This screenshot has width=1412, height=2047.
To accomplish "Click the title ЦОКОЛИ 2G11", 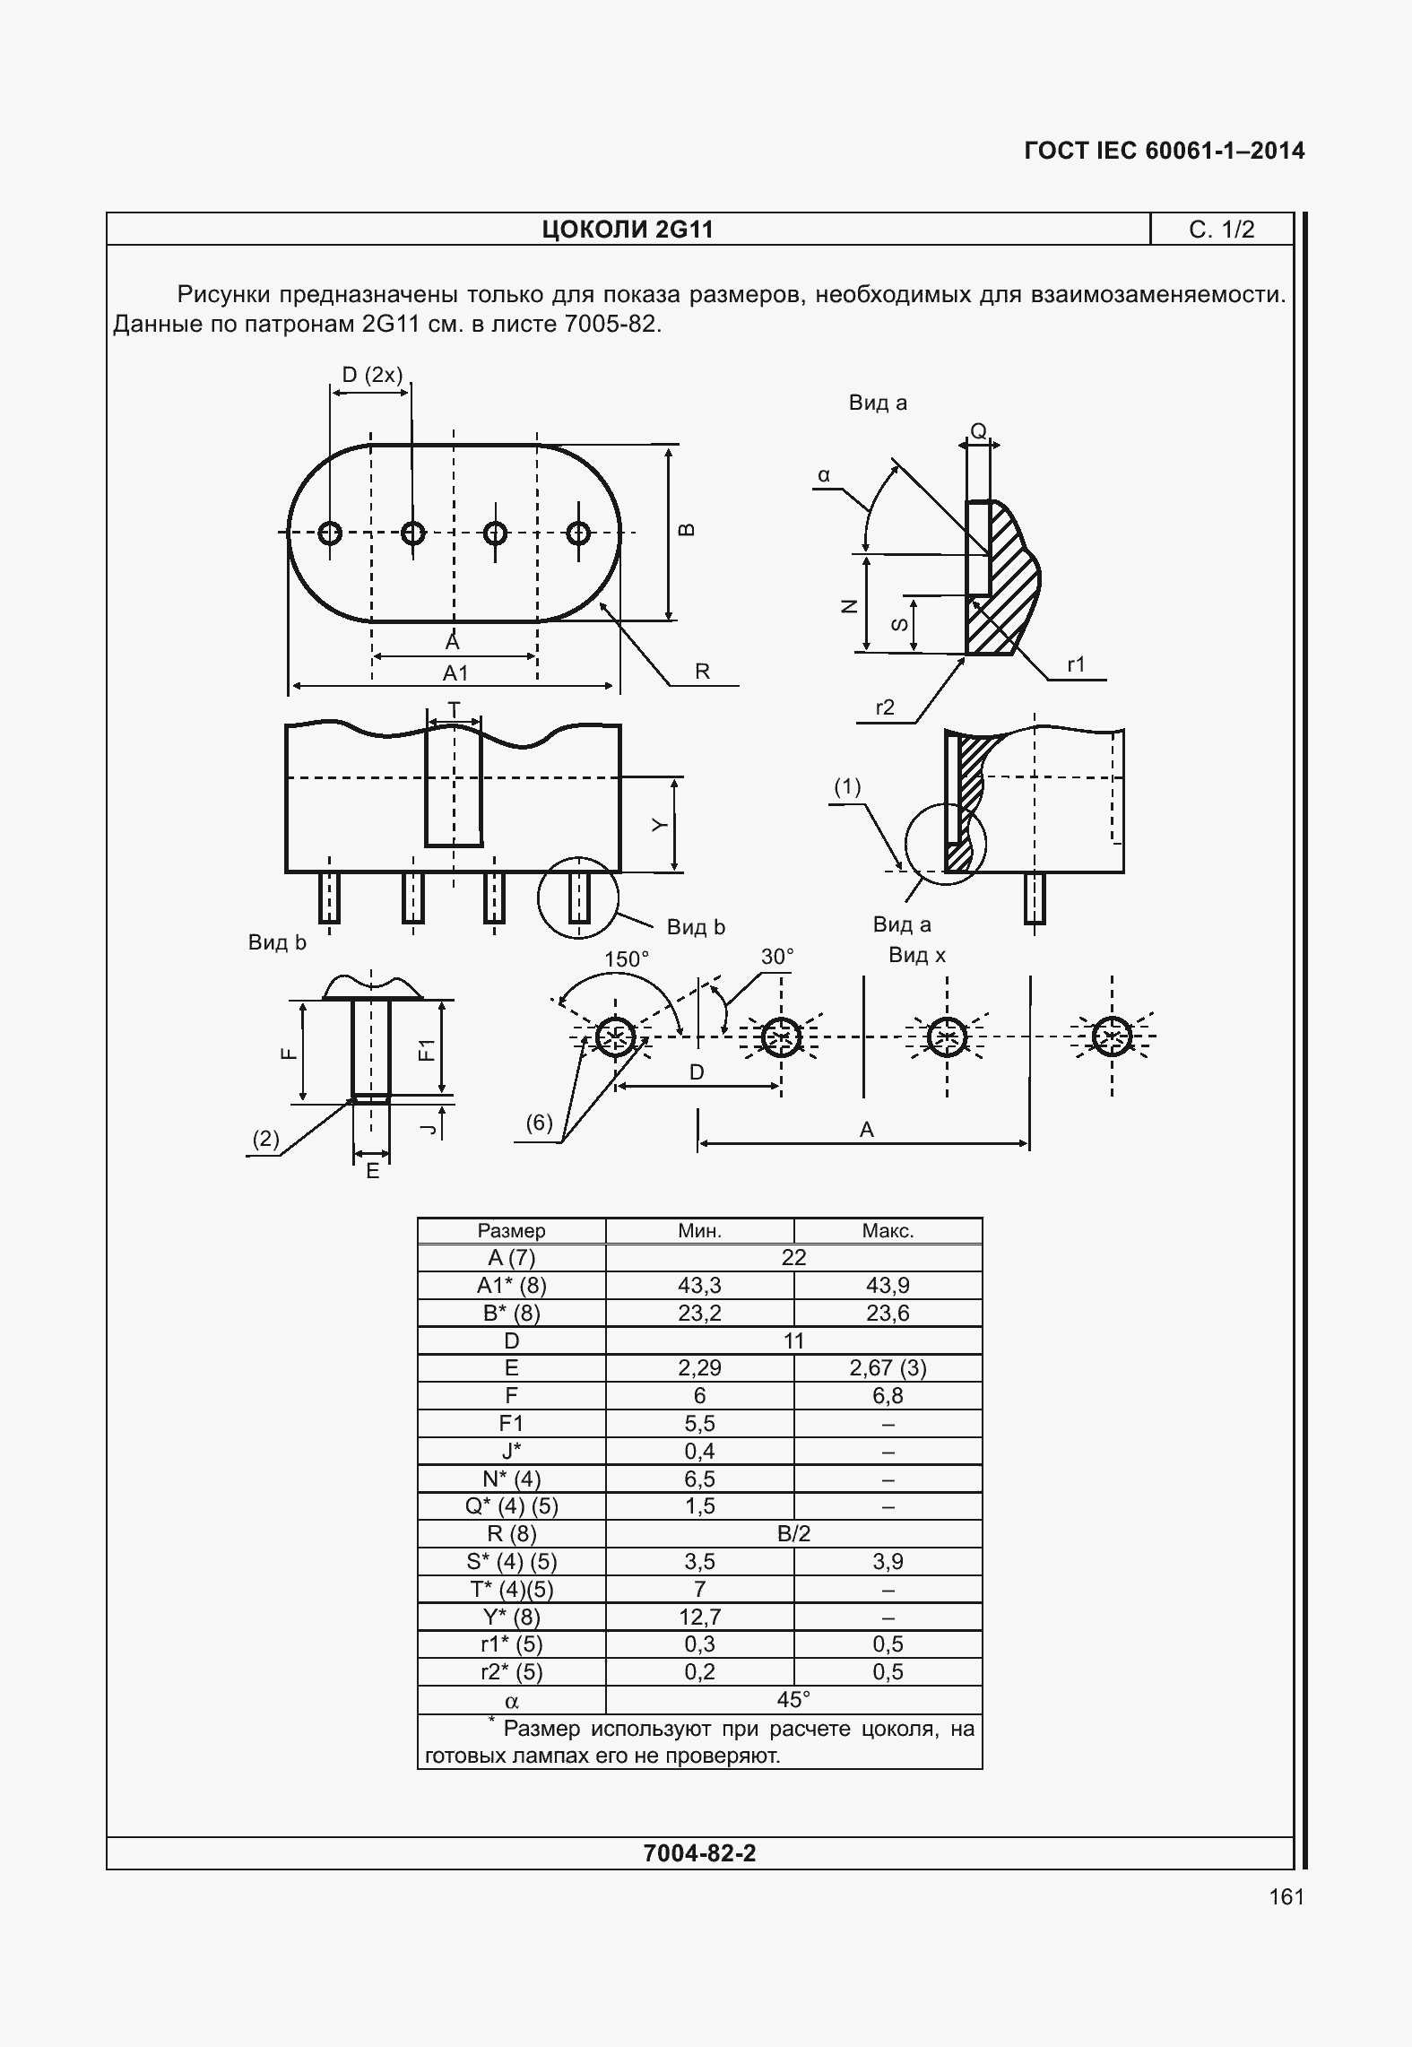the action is (x=628, y=230).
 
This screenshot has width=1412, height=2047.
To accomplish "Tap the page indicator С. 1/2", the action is (x=1221, y=230).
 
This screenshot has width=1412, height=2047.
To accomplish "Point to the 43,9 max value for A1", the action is (x=888, y=1285).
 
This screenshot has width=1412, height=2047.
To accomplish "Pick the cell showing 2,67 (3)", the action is (x=888, y=1367).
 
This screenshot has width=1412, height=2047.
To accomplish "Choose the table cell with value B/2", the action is (x=793, y=1533).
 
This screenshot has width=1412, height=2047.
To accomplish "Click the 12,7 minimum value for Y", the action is (x=699, y=1617).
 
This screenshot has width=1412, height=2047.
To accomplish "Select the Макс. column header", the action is (x=888, y=1231).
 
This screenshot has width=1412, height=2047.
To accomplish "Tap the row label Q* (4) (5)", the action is (x=512, y=1505).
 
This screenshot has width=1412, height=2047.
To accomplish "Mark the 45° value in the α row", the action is (x=793, y=1699).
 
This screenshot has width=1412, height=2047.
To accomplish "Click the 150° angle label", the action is (x=626, y=959).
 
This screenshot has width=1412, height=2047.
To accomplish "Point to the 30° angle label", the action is (x=777, y=957).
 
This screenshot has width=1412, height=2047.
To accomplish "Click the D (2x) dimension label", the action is (x=372, y=374).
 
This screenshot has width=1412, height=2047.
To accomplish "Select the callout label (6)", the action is (x=539, y=1123).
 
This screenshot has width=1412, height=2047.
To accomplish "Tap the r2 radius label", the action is (x=885, y=707).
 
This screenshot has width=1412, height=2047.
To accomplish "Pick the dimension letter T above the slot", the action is (x=454, y=710).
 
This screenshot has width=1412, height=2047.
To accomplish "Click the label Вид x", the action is (x=917, y=955).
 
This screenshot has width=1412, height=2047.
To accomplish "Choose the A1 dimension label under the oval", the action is (x=455, y=672).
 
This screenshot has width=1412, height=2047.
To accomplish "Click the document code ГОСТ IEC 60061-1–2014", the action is (x=1165, y=151).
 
